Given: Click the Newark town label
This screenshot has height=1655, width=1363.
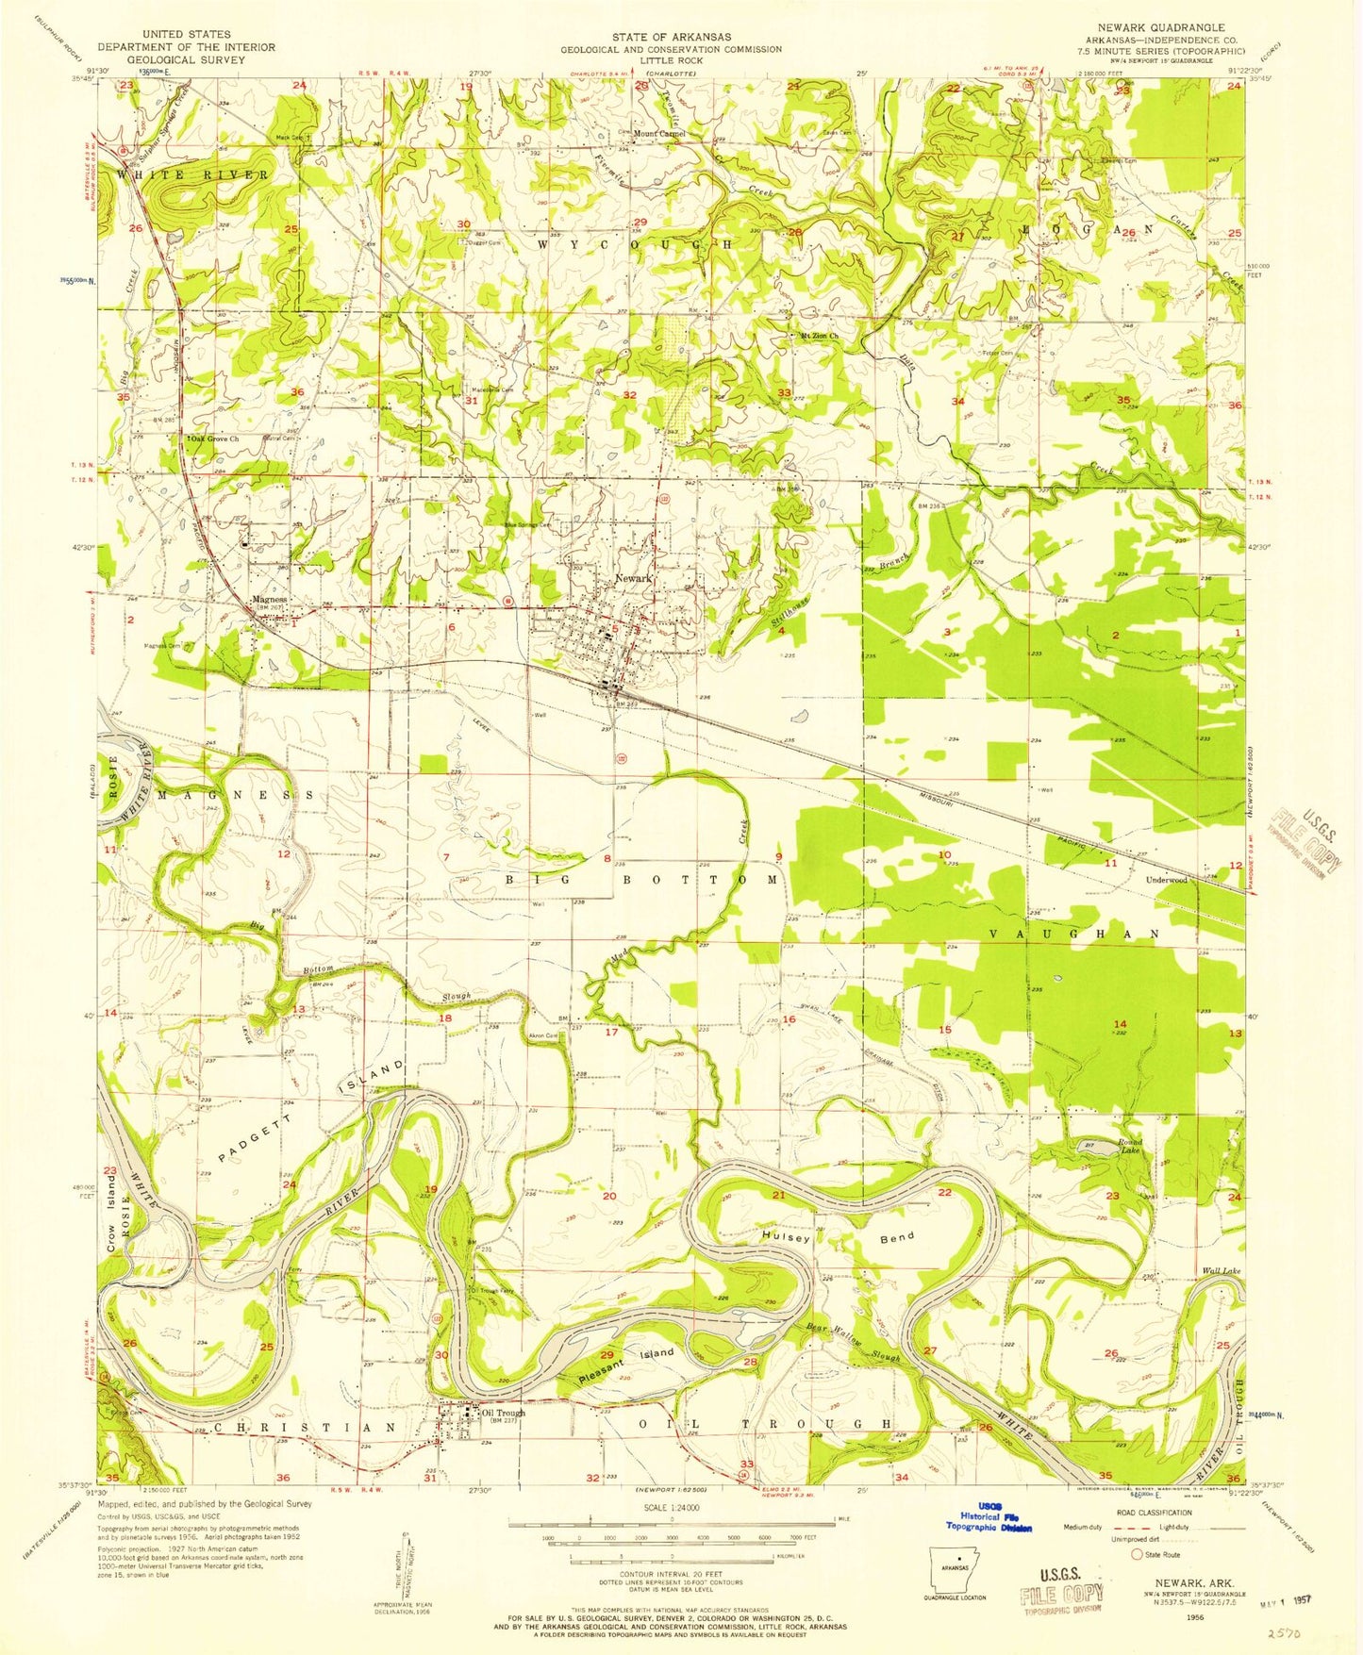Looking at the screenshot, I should [x=633, y=578].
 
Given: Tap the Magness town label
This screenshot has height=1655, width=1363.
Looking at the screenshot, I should [x=270, y=599].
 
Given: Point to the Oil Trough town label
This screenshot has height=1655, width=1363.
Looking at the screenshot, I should [x=503, y=1414].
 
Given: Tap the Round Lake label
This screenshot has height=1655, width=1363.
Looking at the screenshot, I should [x=1129, y=1147].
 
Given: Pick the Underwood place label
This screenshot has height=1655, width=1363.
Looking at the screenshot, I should [x=1166, y=880].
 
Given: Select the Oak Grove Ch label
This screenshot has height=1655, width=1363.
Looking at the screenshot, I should [x=215, y=439].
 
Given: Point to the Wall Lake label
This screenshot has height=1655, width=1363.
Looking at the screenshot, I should [x=1221, y=1271].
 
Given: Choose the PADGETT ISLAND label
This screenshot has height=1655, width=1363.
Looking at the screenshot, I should [x=311, y=1114].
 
